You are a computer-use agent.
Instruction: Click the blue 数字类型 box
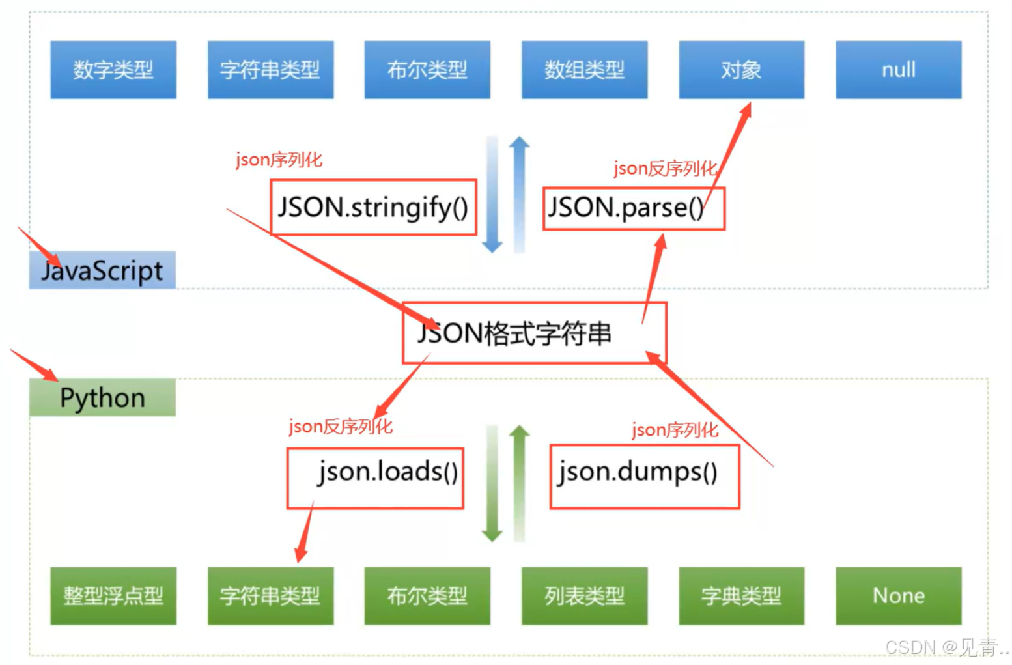pyautogui.click(x=113, y=70)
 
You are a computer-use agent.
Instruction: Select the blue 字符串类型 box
pyautogui.click(x=270, y=70)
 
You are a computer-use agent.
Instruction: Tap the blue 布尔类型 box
pyautogui.click(x=427, y=70)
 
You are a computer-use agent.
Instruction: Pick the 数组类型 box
pyautogui.click(x=584, y=70)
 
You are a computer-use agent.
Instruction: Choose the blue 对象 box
pyautogui.click(x=741, y=70)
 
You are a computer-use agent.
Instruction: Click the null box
pyautogui.click(x=898, y=70)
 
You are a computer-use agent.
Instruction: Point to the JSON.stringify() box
pyautogui.click(x=373, y=208)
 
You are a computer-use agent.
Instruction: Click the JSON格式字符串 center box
pyautogui.click(x=534, y=333)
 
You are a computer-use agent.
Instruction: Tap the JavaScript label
pyautogui.click(x=102, y=270)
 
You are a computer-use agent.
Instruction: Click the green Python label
pyautogui.click(x=102, y=397)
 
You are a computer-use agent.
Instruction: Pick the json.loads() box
pyautogui.click(x=375, y=478)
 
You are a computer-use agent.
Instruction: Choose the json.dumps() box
pyautogui.click(x=644, y=477)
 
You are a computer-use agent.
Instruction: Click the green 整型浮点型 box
pyautogui.click(x=113, y=595)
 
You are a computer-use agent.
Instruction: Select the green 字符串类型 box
pyautogui.click(x=270, y=595)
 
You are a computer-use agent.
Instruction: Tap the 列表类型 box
pyautogui.click(x=584, y=595)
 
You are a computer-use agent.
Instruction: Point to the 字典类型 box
pyautogui.click(x=741, y=595)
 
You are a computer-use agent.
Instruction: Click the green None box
pyautogui.click(x=898, y=595)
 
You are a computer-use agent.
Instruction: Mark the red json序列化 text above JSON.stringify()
pyautogui.click(x=279, y=160)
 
